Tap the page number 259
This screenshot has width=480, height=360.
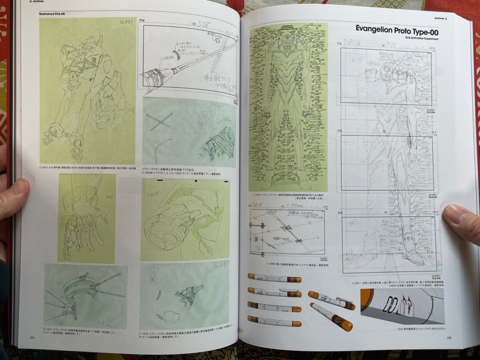[x=32, y=337]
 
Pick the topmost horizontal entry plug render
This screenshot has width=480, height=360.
[x=274, y=278]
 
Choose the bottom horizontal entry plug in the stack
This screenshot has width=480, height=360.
[x=274, y=321]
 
